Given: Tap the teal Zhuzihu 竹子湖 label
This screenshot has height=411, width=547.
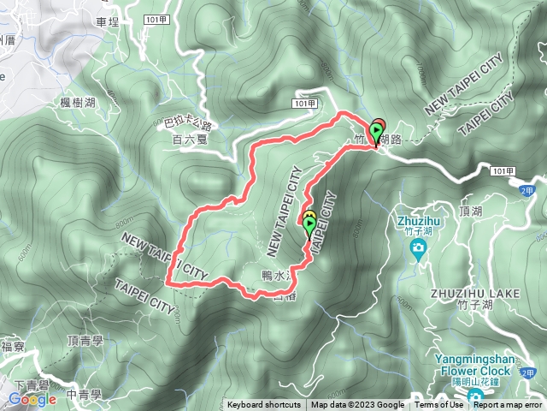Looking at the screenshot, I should [419, 223].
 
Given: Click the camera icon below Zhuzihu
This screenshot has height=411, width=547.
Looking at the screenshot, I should [419, 249].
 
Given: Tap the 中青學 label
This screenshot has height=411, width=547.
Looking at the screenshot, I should [84, 395].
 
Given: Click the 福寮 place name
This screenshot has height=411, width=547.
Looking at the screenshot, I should [13, 347].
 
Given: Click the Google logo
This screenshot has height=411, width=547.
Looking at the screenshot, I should [32, 399].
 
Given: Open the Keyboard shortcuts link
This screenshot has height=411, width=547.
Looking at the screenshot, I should [264, 405].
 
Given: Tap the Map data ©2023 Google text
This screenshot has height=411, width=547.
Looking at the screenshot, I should [357, 405].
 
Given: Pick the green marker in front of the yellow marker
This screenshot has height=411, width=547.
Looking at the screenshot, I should [309, 226].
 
